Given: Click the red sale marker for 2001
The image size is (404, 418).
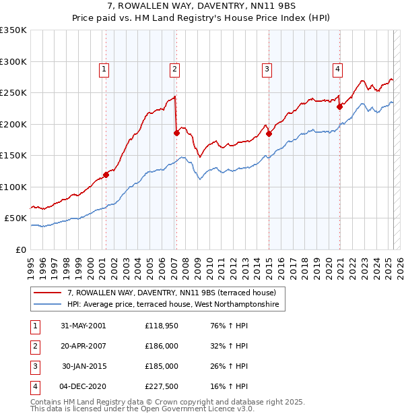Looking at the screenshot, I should point(106,175).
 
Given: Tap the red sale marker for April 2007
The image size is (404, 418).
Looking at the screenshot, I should point(176,133).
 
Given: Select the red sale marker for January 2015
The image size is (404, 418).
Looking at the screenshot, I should point(269,133).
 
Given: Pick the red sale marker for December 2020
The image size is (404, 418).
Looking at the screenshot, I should point(340,106).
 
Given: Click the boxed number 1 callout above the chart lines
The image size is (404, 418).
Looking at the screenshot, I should point(104,68).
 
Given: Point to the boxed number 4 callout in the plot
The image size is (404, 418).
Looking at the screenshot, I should point(337,68).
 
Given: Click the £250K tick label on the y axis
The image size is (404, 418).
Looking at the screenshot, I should point(13,93).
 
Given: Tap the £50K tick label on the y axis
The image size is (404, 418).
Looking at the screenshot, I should point(15,218).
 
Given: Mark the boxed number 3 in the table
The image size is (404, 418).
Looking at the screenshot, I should point(34,366).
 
